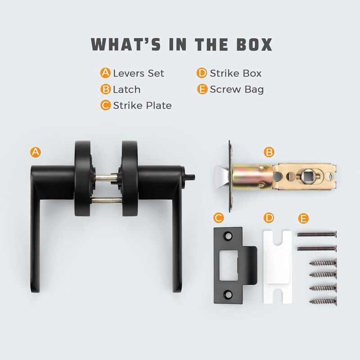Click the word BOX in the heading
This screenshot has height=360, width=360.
coord(254,44)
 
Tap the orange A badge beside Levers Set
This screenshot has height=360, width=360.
coord(105,73)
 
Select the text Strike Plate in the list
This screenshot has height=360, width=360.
coord(142,105)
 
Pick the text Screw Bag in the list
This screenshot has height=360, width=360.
coord(237,90)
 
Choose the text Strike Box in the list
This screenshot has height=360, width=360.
coord(235,73)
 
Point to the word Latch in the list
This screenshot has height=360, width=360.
coord(127,89)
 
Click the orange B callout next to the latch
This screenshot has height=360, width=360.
coord(269,152)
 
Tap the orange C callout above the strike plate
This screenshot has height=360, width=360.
coord(219,218)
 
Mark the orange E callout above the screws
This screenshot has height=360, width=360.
coord(303,219)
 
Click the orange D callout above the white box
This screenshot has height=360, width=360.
coord(269,218)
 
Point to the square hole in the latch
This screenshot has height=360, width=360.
coord(308,176)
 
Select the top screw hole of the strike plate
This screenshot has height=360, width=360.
coord(228,236)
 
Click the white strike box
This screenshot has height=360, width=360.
coord(277,267)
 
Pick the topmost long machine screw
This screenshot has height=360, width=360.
coord(317,234)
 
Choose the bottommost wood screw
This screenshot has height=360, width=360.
coord(323,301)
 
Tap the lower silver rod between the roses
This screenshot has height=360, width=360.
coord(107,200)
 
